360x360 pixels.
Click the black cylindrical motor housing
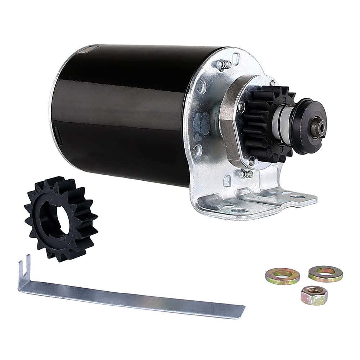click(x=119, y=112)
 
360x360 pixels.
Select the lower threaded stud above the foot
click(x=247, y=174)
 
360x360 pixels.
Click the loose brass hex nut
click(x=314, y=295)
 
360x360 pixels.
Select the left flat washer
click(x=283, y=276)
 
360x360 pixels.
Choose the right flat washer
click(x=325, y=274)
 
